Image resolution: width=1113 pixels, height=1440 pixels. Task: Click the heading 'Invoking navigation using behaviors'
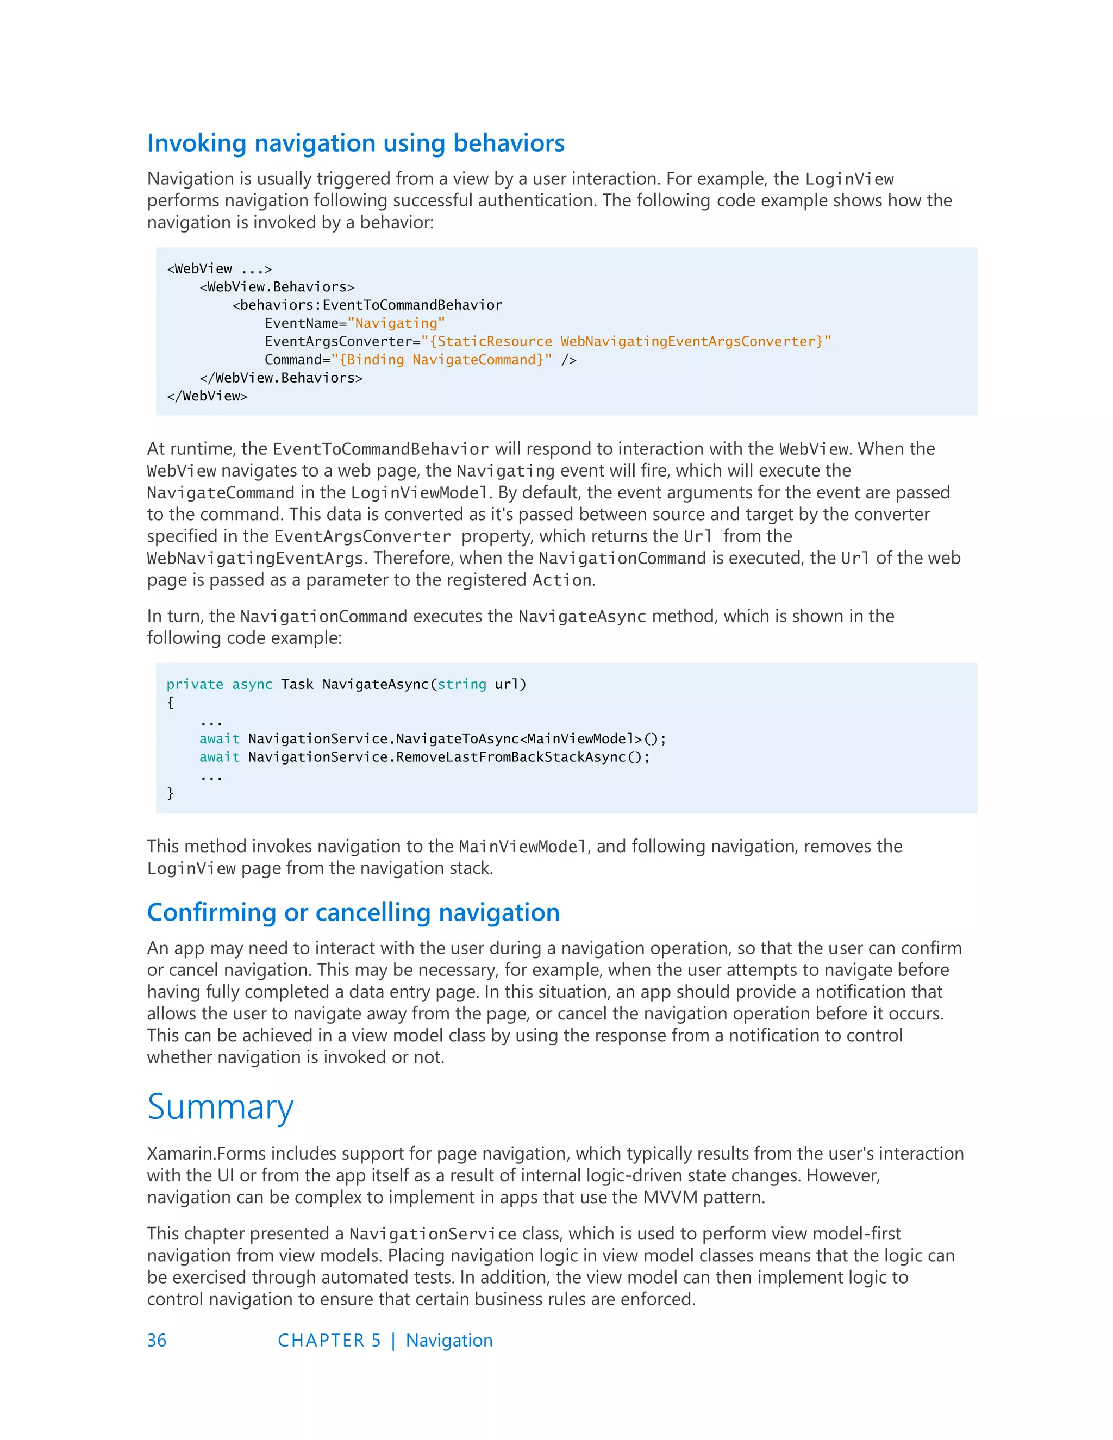tap(355, 143)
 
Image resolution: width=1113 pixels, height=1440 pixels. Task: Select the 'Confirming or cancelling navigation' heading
tap(353, 912)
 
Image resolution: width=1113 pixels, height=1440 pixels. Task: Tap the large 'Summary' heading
tap(220, 1107)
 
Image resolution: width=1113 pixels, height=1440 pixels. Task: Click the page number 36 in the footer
tap(157, 1341)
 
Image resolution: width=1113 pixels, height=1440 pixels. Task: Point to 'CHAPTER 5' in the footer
tap(329, 1341)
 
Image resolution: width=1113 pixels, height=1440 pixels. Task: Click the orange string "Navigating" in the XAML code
tap(396, 323)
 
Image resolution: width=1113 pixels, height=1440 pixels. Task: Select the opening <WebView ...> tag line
tap(220, 268)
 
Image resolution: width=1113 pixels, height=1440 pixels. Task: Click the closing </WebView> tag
tap(207, 396)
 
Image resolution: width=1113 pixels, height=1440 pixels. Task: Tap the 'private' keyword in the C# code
tap(195, 684)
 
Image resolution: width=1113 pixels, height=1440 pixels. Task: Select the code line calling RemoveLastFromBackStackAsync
tap(424, 757)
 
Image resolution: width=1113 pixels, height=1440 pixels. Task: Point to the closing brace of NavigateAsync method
tap(170, 793)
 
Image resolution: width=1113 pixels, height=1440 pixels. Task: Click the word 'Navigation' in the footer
tap(449, 1341)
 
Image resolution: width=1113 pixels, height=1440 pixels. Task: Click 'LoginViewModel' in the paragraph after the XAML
tap(420, 492)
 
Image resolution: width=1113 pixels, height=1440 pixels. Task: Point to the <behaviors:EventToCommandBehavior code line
tap(367, 305)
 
